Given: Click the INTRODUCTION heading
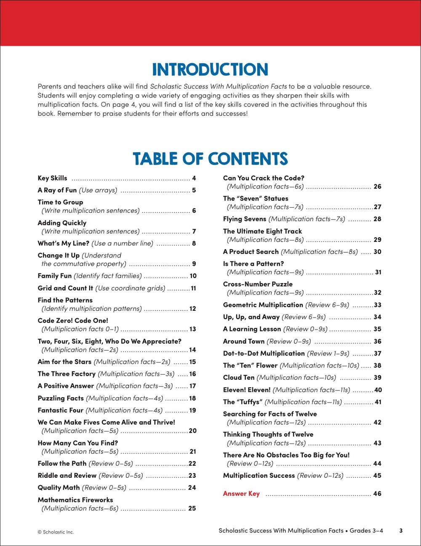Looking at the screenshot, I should pos(210,70).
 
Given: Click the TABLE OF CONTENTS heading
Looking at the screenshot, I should pos(210,159).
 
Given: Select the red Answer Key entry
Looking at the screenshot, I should pos(241,494).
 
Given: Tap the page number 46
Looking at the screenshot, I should pos(377,494).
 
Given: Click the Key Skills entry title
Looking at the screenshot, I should pos(52,178).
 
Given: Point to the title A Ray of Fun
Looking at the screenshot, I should pos(57,190).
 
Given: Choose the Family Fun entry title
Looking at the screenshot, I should pos(55,276).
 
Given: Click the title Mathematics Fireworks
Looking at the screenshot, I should pos(75,500).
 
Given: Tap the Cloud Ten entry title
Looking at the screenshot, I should pos(239,378).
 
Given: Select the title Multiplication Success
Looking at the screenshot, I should pos(259,476).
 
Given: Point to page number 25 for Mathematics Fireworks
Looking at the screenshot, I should pos(192,509).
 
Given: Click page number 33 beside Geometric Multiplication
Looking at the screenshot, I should pos(377,305).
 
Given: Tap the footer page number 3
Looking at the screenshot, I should pos(401,531).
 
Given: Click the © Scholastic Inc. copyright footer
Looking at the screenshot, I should pos(56,532).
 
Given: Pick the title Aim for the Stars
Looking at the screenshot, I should pos(64,362).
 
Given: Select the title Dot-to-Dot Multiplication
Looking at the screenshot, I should pos(264,353).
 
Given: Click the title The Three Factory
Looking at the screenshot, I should pos(67,374).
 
